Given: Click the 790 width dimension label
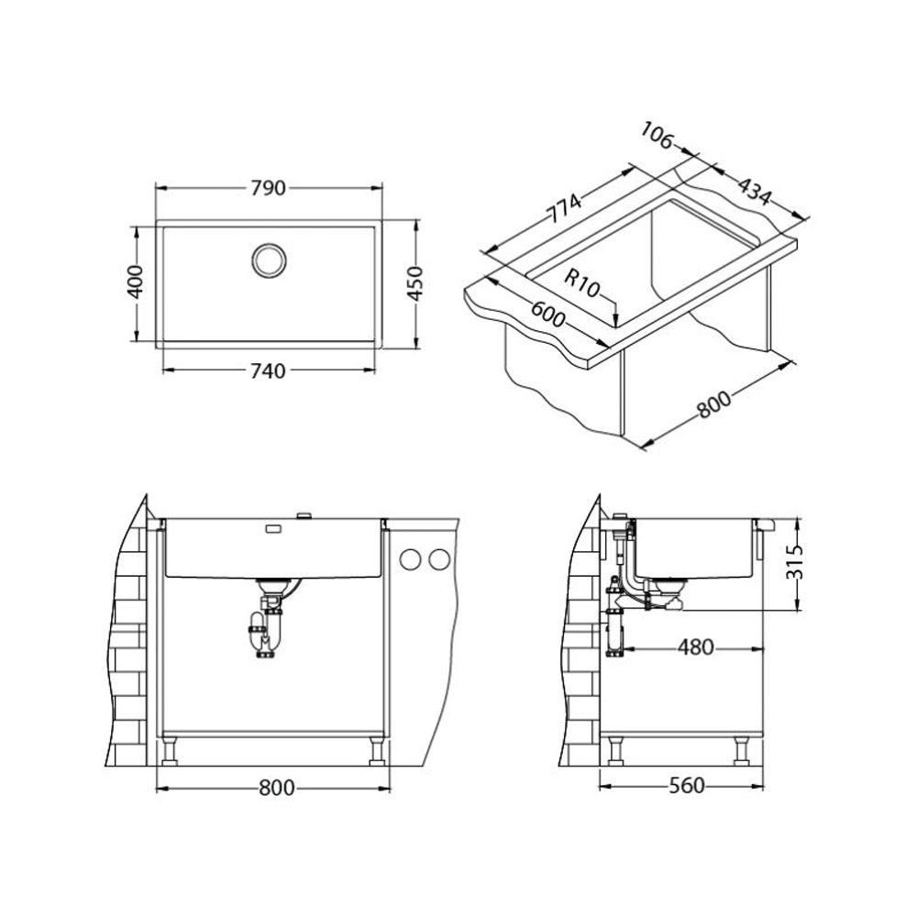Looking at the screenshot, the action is coord(268,188).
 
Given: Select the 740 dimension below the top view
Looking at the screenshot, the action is coord(268,370).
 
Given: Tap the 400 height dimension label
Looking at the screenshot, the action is coord(136,282).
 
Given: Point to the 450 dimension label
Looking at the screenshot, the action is coord(414,283).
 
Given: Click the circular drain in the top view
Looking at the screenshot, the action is coord(269,260).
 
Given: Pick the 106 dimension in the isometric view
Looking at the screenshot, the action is coord(657,136).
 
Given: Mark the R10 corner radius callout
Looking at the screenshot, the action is coord(582,283).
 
